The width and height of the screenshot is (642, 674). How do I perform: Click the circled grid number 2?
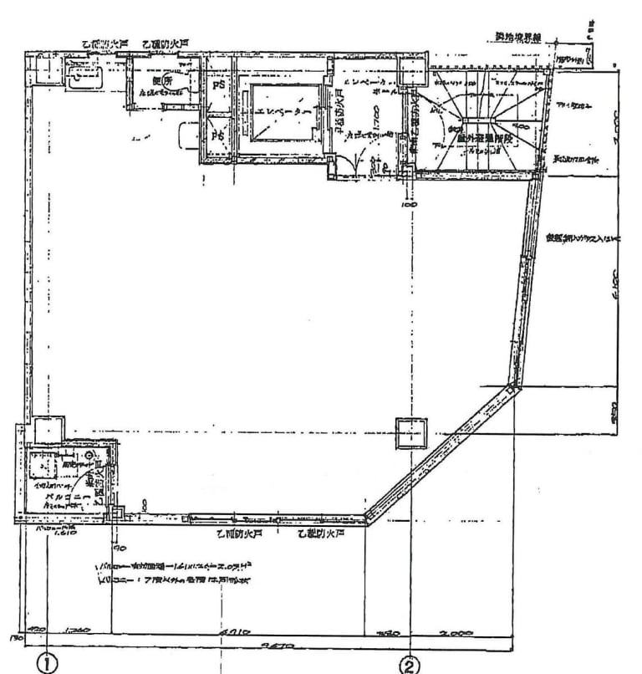pos(410,664)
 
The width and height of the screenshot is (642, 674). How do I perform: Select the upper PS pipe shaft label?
pos(217,85)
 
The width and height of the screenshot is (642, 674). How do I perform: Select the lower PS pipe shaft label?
pos(217,135)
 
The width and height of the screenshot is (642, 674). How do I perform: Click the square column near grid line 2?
pos(410,432)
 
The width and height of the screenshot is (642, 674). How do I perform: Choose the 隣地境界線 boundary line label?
pos(514,38)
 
